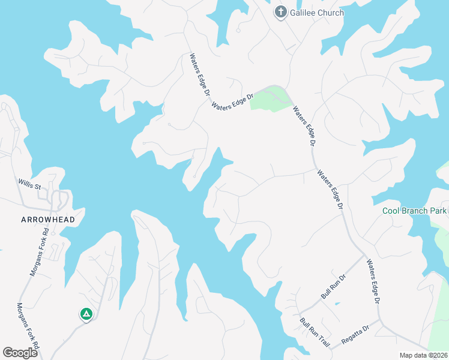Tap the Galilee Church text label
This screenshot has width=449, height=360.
[x=317, y=13]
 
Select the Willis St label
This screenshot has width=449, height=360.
[x=29, y=183]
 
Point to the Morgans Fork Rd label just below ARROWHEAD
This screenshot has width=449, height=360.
[x=38, y=251]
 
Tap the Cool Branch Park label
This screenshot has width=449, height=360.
[x=414, y=211]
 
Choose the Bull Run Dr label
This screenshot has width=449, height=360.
[x=334, y=286]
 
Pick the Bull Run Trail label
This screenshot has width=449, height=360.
[x=316, y=333]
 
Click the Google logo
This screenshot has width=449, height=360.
[x=20, y=353]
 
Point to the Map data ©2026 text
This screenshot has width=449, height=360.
[x=423, y=355]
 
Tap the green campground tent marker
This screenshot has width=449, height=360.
[x=86, y=313]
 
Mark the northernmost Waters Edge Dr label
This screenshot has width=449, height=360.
[x=199, y=74]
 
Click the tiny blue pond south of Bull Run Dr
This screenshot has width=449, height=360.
[x=337, y=304]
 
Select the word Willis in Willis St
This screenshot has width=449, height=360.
[x=26, y=182]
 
